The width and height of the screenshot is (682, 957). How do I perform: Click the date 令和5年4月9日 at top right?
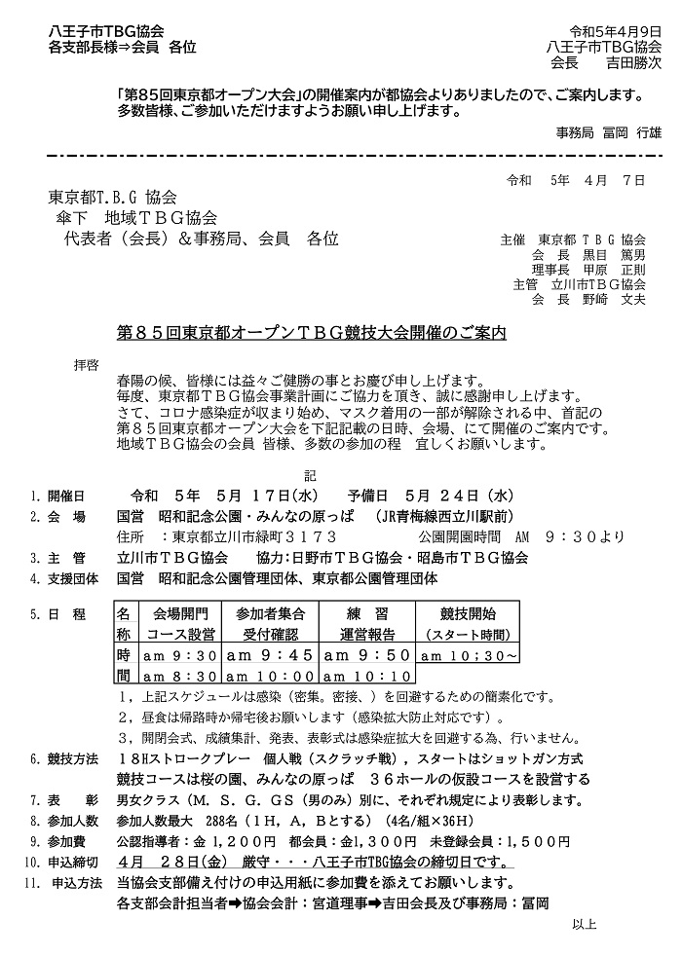(x=610, y=30)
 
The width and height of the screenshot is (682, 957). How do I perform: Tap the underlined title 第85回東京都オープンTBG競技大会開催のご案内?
(x=312, y=333)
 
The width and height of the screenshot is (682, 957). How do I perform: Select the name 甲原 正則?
(x=617, y=269)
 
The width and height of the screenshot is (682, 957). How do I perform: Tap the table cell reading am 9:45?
(x=270, y=655)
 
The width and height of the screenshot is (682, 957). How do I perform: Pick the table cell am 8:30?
(x=181, y=676)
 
